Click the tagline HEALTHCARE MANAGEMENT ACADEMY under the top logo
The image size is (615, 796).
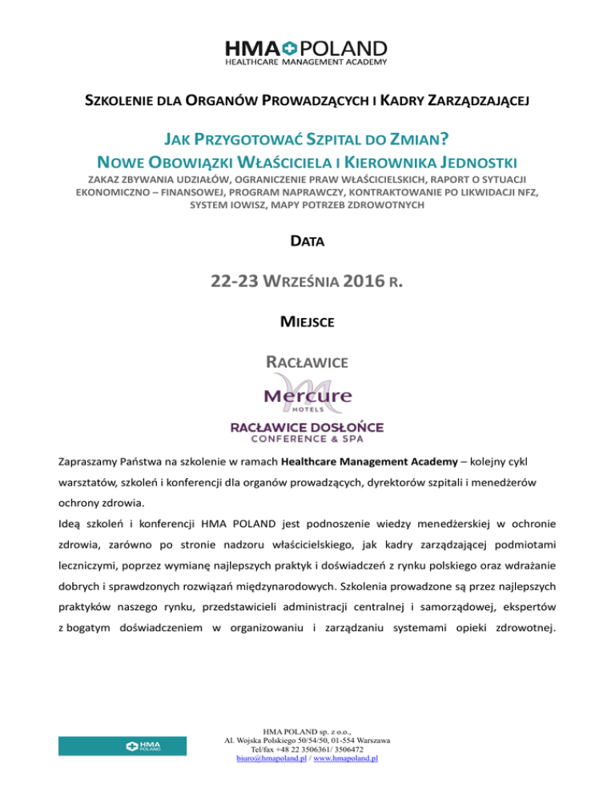pyautogui.click(x=307, y=62)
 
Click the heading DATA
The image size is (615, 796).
pyautogui.click(x=307, y=239)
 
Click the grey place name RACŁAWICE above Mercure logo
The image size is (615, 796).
pyautogui.click(x=307, y=364)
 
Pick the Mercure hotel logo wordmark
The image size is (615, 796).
pyautogui.click(x=307, y=396)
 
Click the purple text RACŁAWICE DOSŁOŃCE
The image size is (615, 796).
pyautogui.click(x=307, y=427)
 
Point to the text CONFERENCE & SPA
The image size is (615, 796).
pyautogui.click(x=307, y=440)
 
